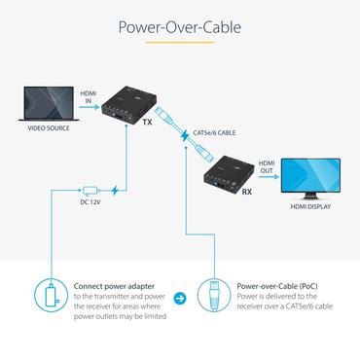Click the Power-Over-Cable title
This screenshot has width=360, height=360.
click(180, 27)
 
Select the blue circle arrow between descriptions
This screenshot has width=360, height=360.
click(179, 298)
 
